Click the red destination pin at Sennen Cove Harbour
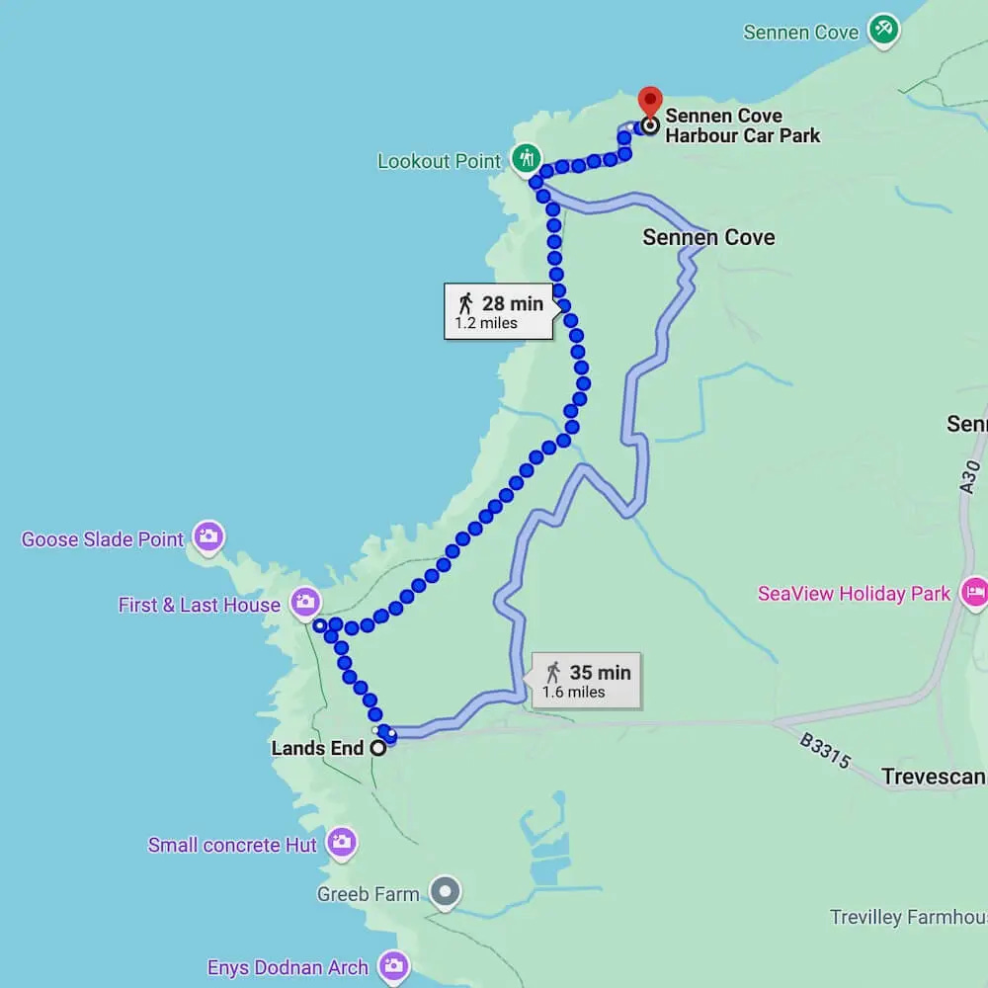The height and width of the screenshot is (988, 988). coord(649,101)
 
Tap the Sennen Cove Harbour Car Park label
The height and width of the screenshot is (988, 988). coord(742,125)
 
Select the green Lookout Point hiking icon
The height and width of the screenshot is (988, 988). coord(526,157)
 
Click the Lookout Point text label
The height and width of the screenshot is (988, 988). coord(439,161)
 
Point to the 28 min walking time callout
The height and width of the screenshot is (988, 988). coord(498,311)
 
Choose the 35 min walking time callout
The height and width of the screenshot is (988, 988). coord(586,681)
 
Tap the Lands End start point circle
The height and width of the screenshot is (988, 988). coord(377,749)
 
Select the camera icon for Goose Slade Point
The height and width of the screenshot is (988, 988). coord(208,536)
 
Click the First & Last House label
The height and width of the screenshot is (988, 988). coord(199,605)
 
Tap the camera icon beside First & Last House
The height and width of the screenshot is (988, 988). coord(305,602)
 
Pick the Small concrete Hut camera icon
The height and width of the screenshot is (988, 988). coord(342,843)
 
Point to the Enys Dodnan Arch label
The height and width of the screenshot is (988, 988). coord(288,967)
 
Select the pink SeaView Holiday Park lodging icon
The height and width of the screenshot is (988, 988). coord(974,592)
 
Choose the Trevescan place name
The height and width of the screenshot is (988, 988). coord(934,777)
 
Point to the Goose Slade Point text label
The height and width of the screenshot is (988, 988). coord(103,539)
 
